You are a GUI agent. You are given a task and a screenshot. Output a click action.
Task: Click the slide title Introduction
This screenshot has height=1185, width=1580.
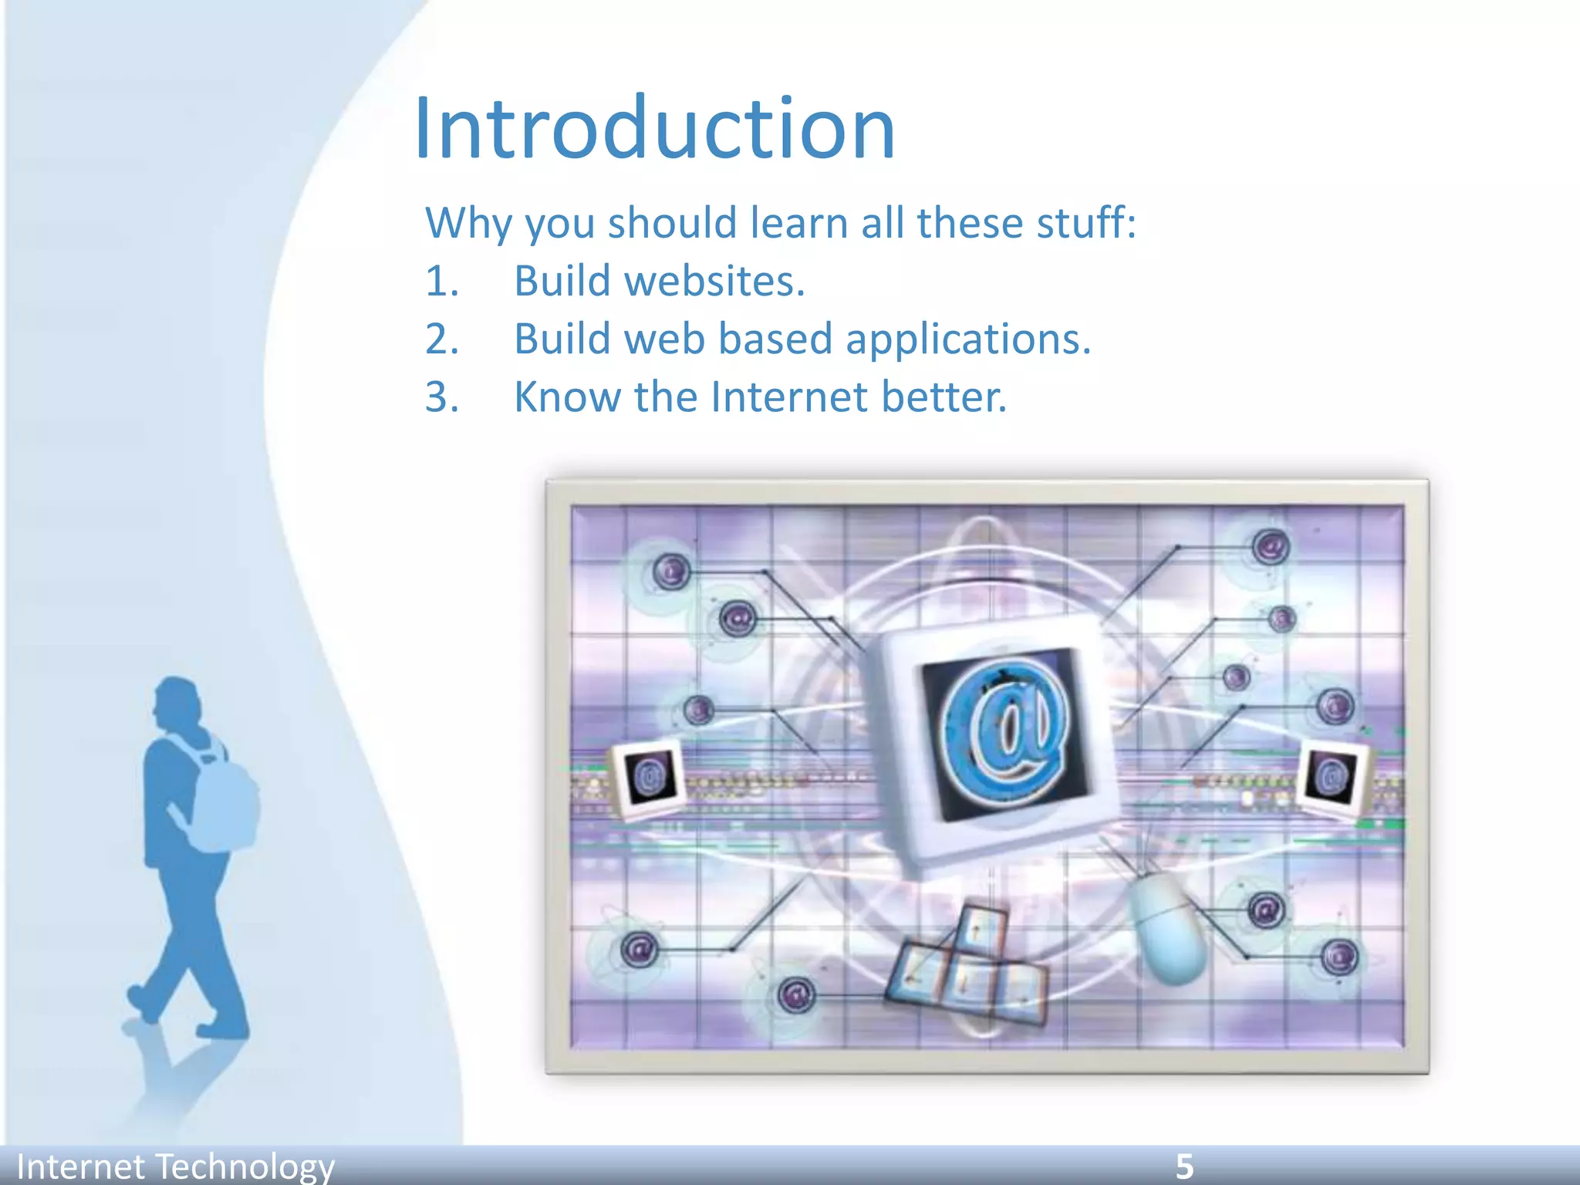[654, 129]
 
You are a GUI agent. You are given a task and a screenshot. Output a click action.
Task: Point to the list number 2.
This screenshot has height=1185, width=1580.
[441, 339]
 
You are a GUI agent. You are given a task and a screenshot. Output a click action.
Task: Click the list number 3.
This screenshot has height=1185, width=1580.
[441, 397]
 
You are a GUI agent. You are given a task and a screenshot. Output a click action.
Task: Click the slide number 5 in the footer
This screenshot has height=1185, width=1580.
[1184, 1166]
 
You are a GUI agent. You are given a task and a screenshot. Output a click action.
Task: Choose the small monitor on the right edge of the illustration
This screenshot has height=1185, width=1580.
[1332, 775]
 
